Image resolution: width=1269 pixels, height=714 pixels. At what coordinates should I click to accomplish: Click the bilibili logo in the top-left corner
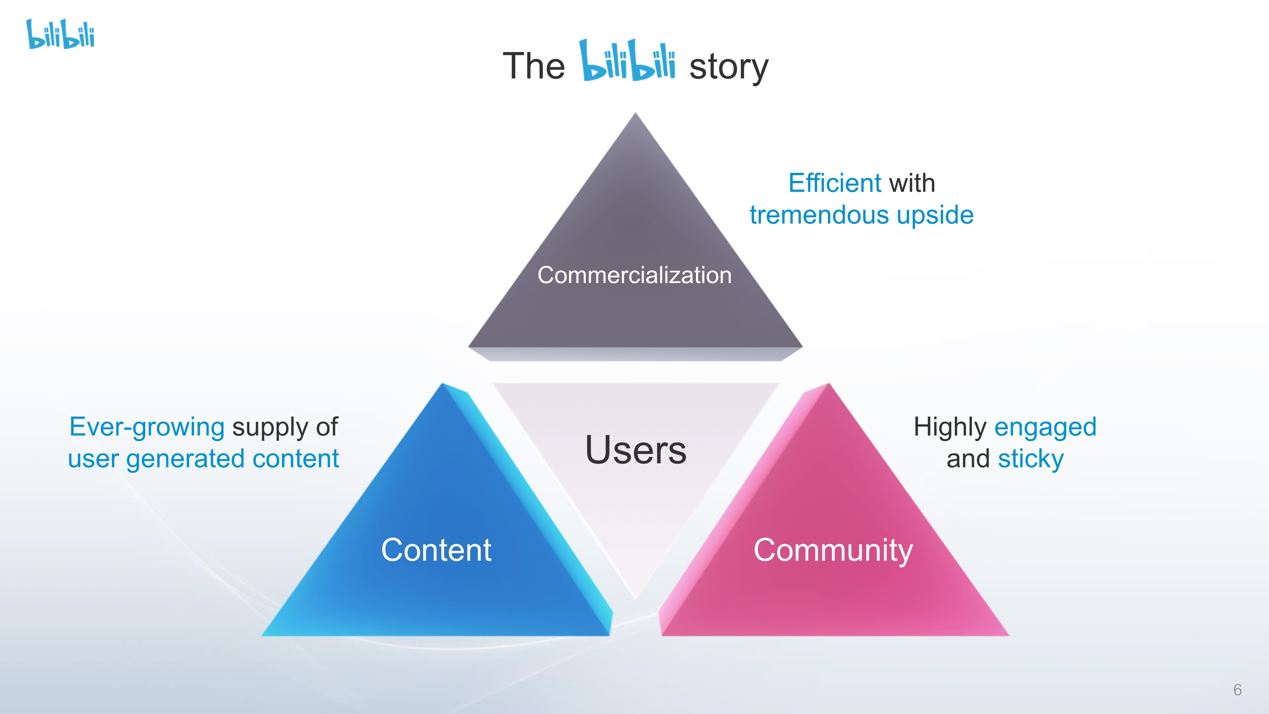tap(60, 35)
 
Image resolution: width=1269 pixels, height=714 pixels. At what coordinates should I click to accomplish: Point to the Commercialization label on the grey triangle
tap(634, 275)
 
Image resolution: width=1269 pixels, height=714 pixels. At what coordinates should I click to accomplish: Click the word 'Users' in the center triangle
tap(635, 450)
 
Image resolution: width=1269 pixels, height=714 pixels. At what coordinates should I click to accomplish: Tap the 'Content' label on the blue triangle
tap(436, 550)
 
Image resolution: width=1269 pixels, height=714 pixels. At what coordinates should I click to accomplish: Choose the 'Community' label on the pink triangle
tap(833, 550)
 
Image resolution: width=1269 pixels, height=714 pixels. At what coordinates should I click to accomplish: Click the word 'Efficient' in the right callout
tap(834, 183)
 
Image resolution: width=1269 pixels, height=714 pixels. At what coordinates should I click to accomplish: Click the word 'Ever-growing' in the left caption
tap(147, 427)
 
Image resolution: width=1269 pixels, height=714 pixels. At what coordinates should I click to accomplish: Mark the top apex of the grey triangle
tap(635, 114)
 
